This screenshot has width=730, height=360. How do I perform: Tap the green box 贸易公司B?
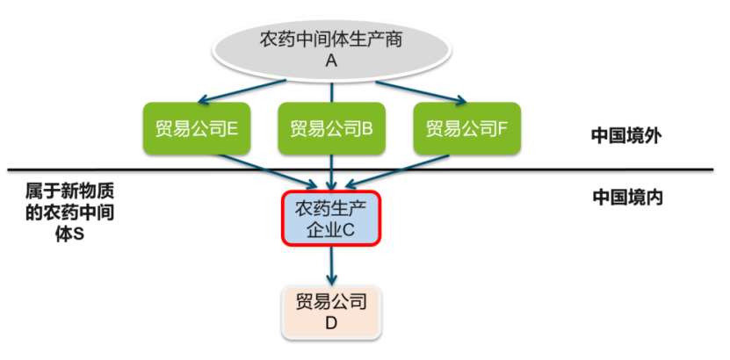[x=331, y=128]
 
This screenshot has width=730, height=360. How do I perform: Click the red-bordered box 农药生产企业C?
[x=330, y=219]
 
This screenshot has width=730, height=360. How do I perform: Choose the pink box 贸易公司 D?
[x=330, y=312]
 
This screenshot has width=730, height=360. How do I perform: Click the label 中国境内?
[x=627, y=198]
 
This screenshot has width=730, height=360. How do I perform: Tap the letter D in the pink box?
[x=331, y=324]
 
